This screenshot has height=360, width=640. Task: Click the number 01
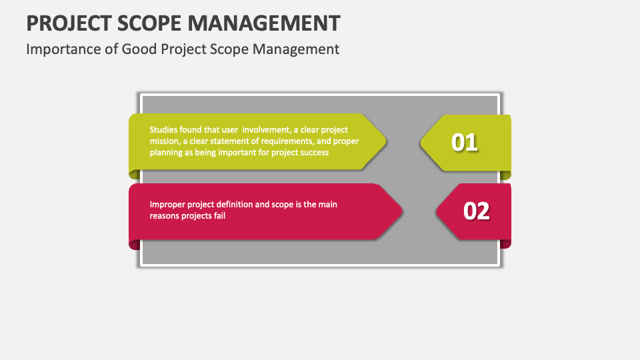tap(465, 142)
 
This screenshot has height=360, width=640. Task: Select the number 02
tap(476, 211)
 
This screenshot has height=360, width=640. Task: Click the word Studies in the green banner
tap(164, 130)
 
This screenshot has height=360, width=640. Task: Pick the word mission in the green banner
tap(164, 141)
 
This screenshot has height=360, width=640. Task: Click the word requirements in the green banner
tap(275, 141)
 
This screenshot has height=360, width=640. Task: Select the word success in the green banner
tap(313, 153)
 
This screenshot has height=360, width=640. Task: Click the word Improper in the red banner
tap(167, 205)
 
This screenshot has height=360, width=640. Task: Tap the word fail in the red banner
tap(219, 216)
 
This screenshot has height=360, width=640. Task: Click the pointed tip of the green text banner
tap(385, 141)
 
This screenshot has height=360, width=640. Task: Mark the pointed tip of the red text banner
tap(402, 211)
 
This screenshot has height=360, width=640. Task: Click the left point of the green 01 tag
tap(421, 142)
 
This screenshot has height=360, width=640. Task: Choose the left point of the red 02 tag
tap(437, 211)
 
